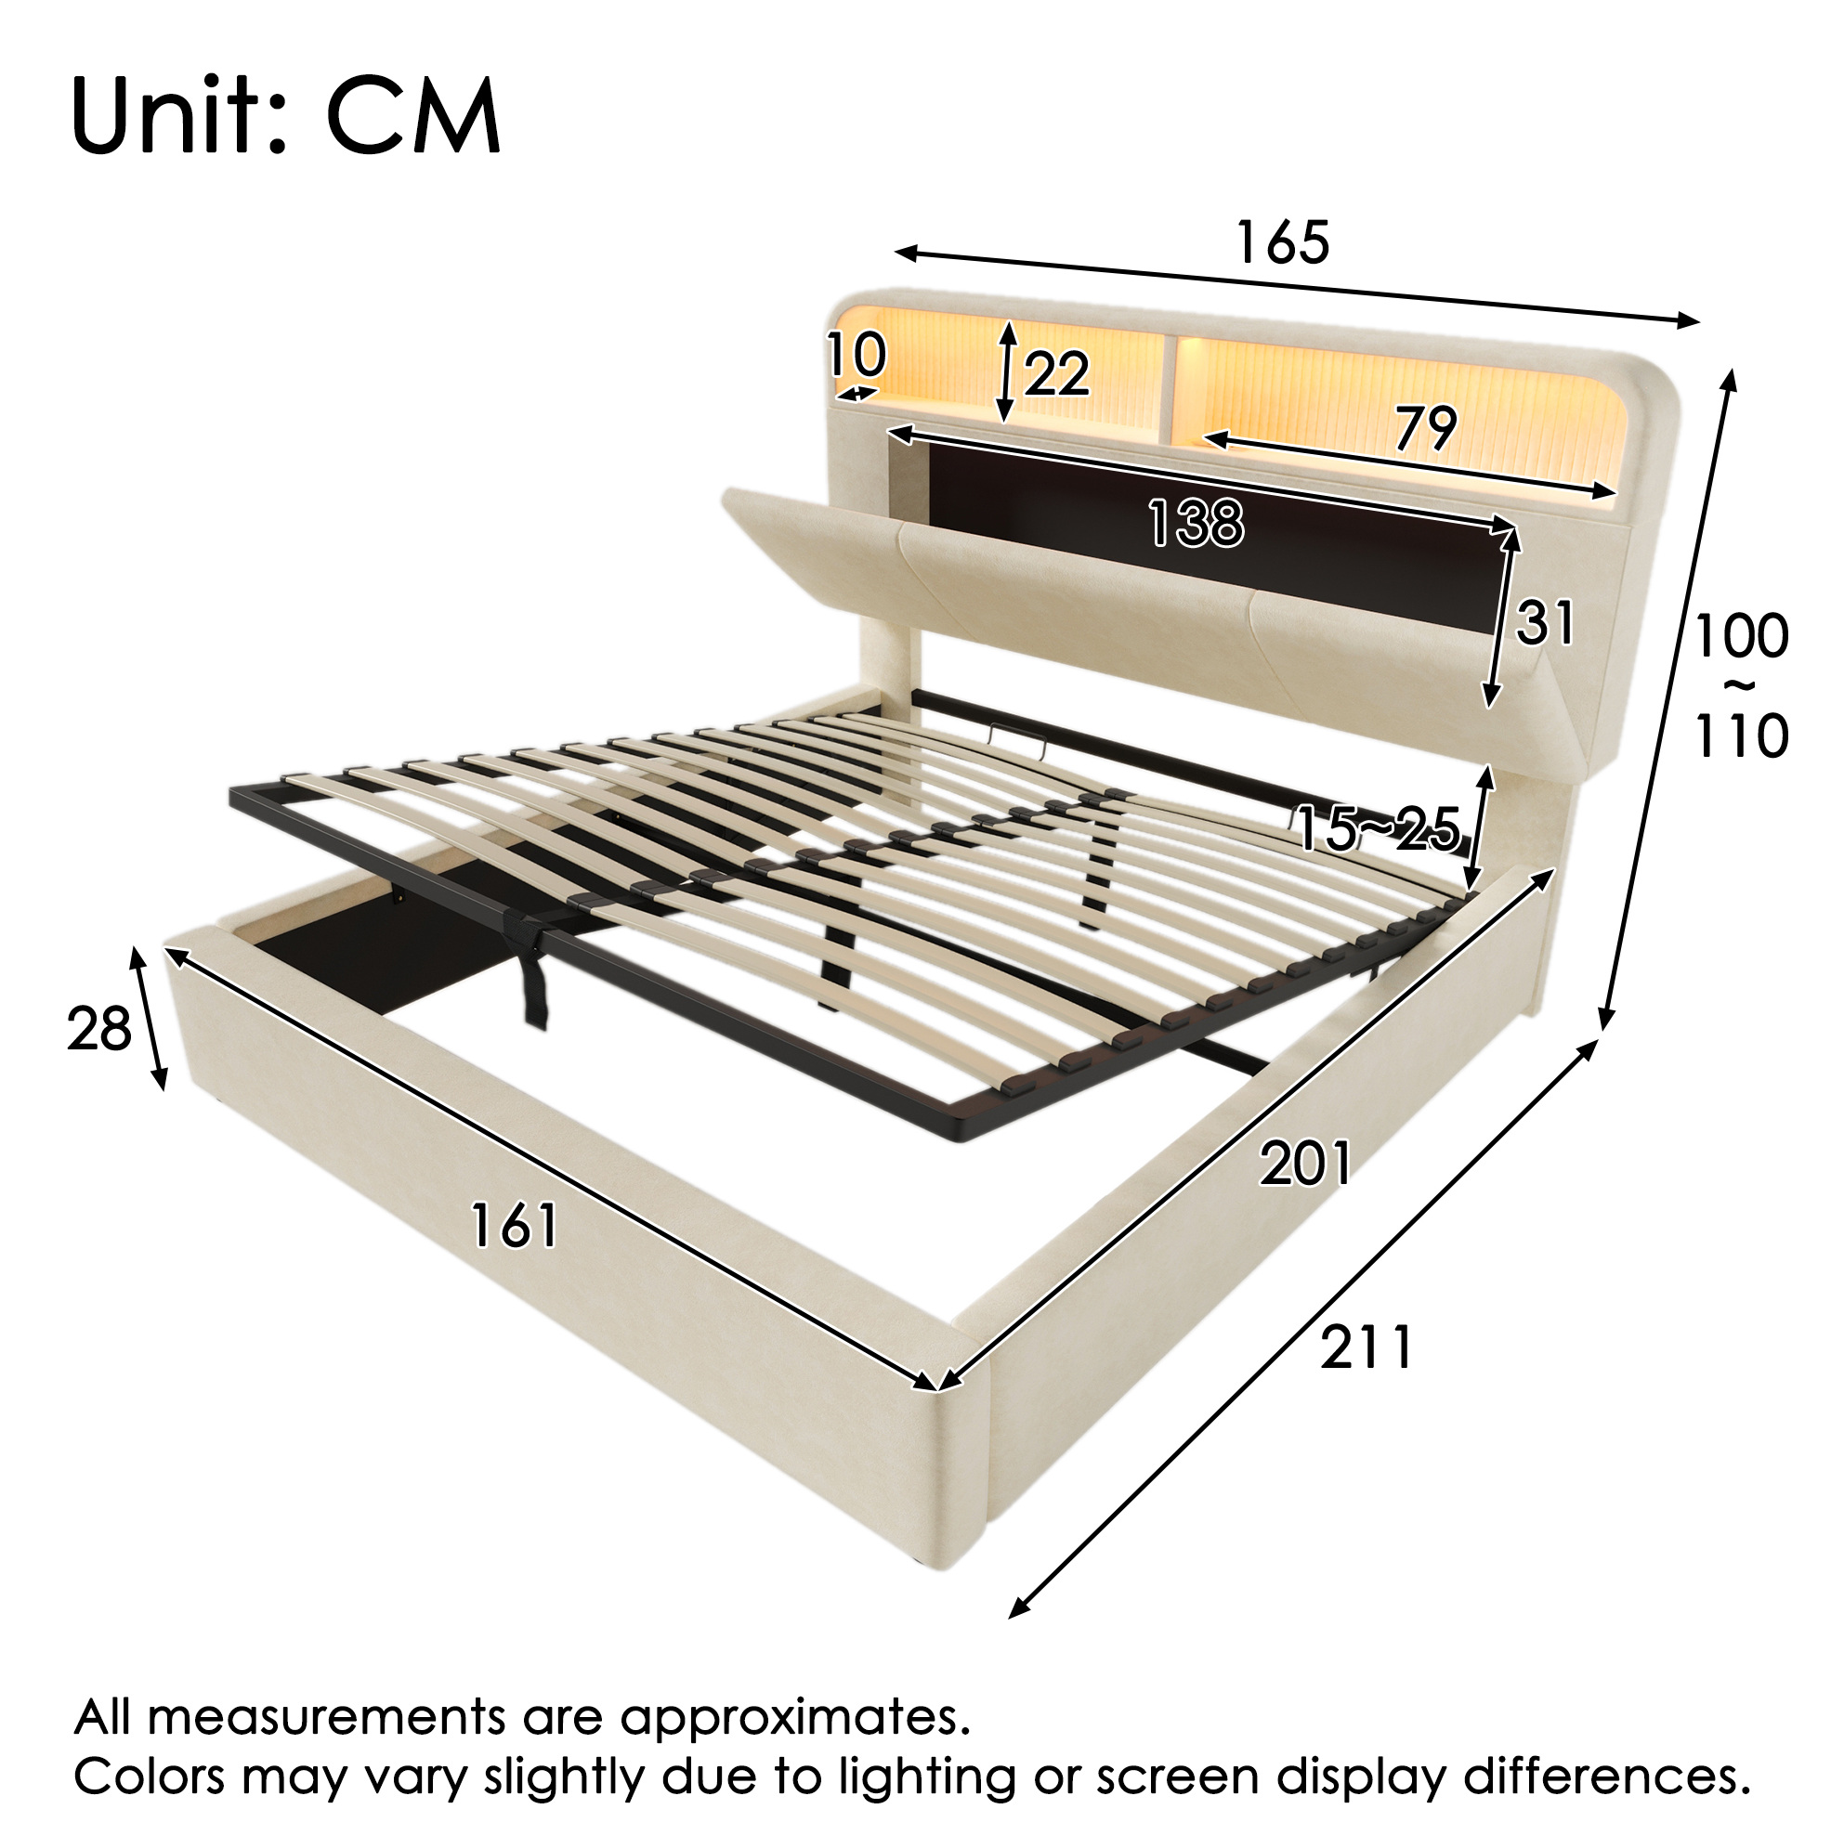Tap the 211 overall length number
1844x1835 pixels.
pos(1366,1348)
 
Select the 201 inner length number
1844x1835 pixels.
pos(1305,1164)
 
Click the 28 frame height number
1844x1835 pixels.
pos(98,1031)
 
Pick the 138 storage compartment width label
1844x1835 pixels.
pos(1196,523)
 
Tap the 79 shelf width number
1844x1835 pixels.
pos(1425,427)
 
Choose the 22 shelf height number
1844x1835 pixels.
pos(1056,373)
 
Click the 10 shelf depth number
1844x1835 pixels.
pos(857,355)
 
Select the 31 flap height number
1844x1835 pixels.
pos(1545,623)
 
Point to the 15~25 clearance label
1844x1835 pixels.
pos(1378,827)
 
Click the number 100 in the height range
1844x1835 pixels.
pos(1741,636)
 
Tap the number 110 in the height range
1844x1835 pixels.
pos(1741,735)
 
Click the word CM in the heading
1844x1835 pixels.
pos(414,116)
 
